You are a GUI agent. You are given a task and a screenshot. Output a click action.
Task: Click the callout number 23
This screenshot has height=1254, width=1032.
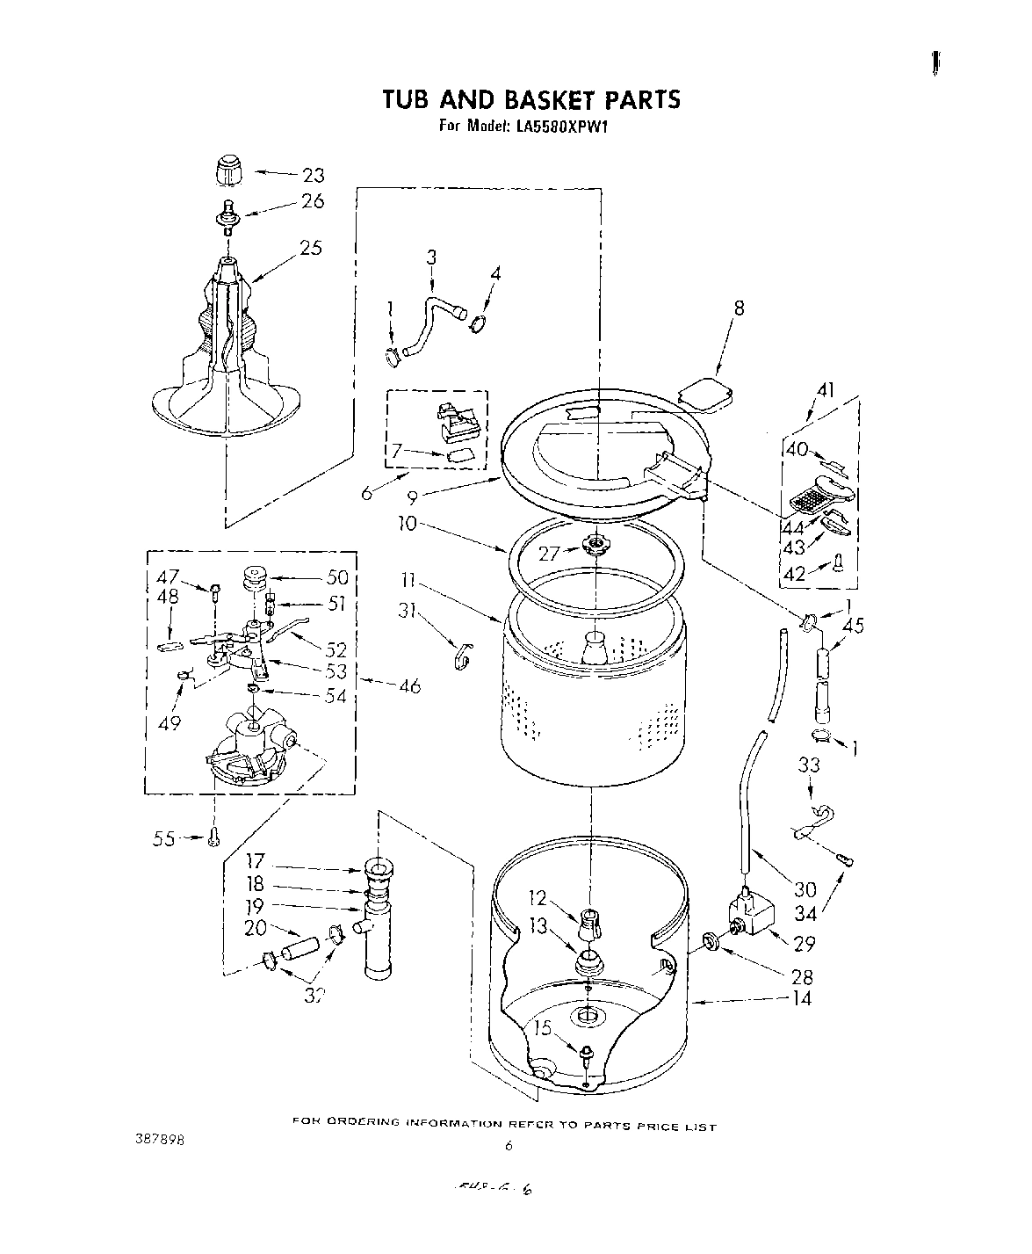313,175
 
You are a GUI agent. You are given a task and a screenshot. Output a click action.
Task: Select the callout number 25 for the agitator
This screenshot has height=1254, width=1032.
310,248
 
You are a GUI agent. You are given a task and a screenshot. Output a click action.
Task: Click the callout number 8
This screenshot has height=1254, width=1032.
739,308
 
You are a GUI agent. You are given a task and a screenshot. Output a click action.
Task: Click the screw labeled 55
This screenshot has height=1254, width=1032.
213,840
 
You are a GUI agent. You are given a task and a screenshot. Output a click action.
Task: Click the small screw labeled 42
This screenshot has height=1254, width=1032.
838,562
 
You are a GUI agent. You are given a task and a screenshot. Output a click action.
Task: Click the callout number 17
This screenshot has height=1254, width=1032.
254,862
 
